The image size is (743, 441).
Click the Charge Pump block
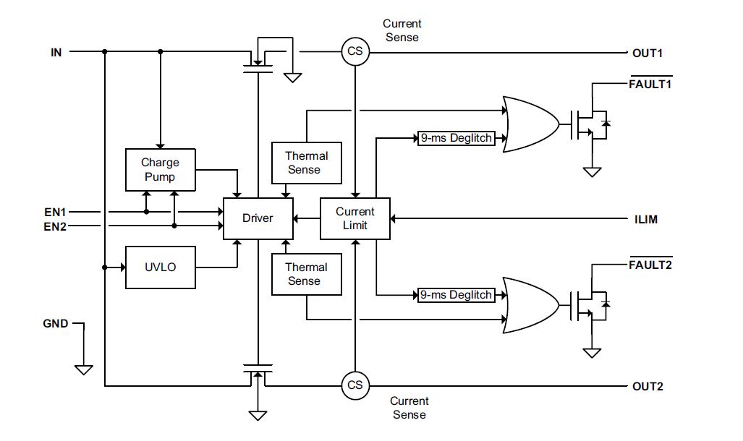[160, 170]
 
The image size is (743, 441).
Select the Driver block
[258, 218]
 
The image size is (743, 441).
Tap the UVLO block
[161, 267]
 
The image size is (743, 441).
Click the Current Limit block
[355, 218]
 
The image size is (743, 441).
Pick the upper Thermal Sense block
[306, 163]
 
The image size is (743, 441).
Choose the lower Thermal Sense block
[306, 274]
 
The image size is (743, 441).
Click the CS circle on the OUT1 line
[355, 52]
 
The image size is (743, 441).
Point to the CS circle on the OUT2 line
[355, 385]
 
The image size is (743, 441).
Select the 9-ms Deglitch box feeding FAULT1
[457, 138]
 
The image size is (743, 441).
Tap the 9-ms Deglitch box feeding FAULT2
[457, 295]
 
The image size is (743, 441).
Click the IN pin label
[56, 52]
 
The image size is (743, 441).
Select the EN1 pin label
[55, 213]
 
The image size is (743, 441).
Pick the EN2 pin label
[55, 226]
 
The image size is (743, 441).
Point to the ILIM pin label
[645, 219]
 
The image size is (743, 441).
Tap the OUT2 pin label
[648, 386]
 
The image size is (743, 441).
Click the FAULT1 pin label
[650, 84]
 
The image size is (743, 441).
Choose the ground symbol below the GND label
[84, 369]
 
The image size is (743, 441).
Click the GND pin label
[56, 324]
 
